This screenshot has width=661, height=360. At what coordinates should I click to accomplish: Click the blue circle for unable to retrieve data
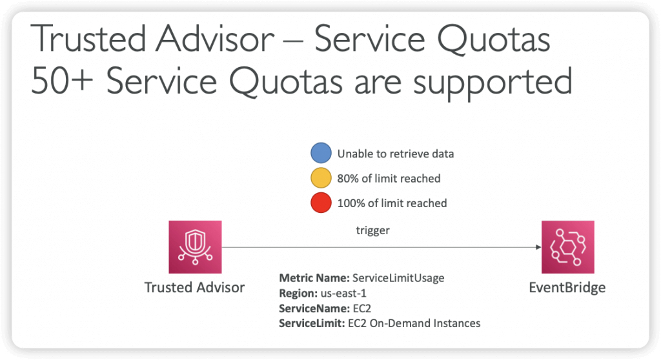(x=321, y=153)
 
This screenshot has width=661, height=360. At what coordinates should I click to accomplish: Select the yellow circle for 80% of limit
(x=321, y=178)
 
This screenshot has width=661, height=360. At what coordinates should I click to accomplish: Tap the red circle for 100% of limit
(x=321, y=203)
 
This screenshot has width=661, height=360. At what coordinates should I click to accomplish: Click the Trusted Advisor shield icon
(x=195, y=247)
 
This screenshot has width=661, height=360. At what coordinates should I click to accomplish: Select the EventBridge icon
(x=568, y=247)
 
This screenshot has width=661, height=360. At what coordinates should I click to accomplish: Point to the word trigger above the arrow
(x=372, y=230)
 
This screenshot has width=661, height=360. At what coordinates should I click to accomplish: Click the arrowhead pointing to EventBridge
(x=538, y=247)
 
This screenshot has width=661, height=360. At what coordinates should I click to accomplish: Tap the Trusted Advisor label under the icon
(x=194, y=288)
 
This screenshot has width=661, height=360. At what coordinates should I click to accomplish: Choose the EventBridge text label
(x=567, y=288)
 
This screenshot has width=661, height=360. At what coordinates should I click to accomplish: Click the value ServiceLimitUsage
(x=398, y=278)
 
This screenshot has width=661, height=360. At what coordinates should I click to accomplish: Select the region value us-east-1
(x=343, y=294)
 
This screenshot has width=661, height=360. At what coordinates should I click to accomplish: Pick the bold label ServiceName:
(x=314, y=308)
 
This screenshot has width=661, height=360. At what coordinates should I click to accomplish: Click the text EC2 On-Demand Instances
(x=414, y=323)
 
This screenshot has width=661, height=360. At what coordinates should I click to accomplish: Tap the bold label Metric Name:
(x=314, y=278)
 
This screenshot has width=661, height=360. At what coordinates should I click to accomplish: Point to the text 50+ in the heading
(x=61, y=81)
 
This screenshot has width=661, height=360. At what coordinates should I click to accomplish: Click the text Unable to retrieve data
(x=396, y=154)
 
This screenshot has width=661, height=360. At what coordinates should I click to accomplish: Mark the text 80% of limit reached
(x=389, y=179)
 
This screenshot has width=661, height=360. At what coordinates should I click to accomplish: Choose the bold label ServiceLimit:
(x=312, y=323)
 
